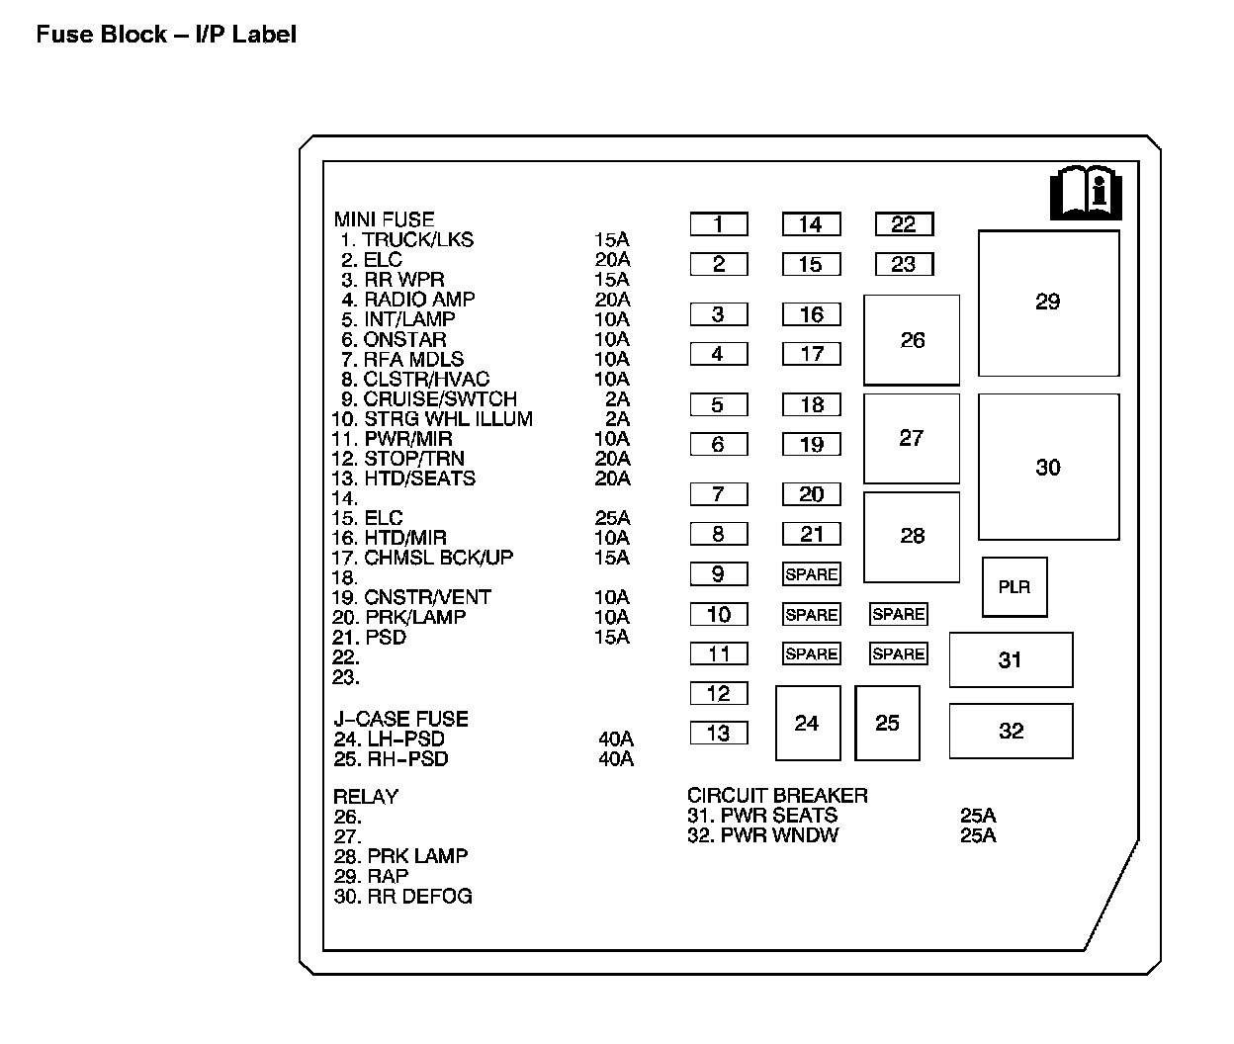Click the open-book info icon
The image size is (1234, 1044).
tap(1085, 193)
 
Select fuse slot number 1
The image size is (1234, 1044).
tap(719, 224)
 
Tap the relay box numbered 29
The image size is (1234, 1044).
tap(1048, 303)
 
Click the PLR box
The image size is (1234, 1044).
tap(1014, 587)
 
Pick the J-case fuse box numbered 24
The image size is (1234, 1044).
tap(808, 724)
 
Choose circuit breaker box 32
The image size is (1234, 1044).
tap(1011, 731)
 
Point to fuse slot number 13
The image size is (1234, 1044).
tap(719, 733)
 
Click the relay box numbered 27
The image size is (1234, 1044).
tap(912, 438)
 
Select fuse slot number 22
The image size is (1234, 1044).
tap(904, 224)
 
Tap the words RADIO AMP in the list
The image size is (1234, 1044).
tap(419, 299)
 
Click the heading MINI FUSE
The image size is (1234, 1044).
tap(384, 219)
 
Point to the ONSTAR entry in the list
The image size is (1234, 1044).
tap(404, 339)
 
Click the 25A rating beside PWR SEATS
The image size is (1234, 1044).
tap(978, 816)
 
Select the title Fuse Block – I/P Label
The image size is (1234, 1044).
tap(166, 35)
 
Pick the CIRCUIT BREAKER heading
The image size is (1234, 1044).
tap(777, 796)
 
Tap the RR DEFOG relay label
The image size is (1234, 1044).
tap(419, 897)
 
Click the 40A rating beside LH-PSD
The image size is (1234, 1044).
tap(616, 739)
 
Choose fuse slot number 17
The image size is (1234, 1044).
tap(812, 354)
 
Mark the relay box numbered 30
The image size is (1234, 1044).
tap(1048, 468)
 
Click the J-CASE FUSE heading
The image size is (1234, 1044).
tap(400, 719)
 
